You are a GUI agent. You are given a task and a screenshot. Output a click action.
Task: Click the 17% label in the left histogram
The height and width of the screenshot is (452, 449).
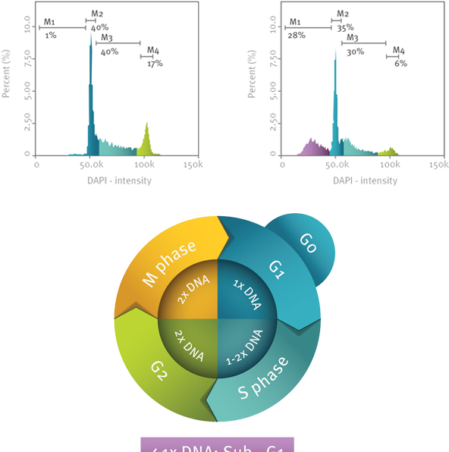click(155, 64)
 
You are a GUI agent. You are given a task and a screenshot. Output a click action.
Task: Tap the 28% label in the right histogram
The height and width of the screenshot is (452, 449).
click(296, 36)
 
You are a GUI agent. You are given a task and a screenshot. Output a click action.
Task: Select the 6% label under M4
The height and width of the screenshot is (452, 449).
click(400, 64)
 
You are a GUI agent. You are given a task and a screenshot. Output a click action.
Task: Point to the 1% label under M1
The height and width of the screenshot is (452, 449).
click(51, 36)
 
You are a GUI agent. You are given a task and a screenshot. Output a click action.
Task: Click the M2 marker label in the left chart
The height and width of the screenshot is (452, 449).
click(98, 14)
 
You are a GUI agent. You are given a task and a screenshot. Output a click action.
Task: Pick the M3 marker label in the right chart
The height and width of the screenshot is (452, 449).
click(353, 37)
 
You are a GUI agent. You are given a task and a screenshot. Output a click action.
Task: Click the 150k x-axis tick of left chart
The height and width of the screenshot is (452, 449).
click(194, 165)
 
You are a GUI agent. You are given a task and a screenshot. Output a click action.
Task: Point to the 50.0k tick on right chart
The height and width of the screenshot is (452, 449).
click(337, 165)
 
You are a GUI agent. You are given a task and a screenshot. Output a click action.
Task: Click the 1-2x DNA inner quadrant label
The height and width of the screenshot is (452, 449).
click(245, 347)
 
